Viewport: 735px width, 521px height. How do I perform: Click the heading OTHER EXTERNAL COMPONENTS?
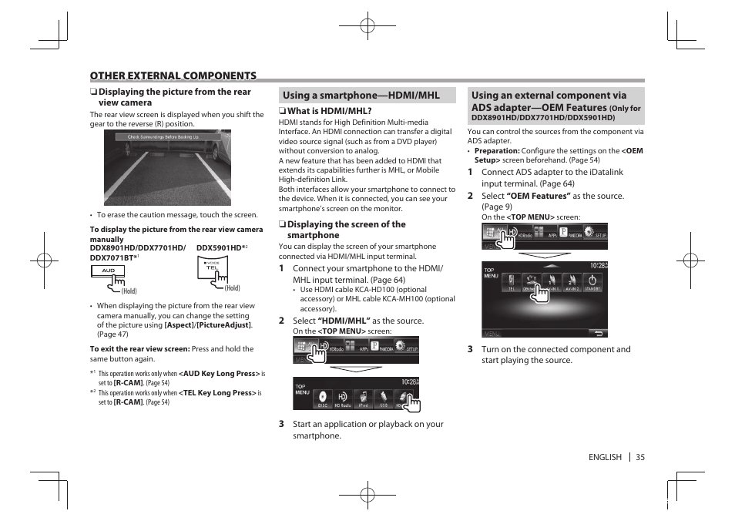point(173,76)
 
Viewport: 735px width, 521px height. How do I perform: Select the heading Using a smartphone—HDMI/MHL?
point(361,96)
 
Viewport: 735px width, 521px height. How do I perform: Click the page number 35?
point(640,457)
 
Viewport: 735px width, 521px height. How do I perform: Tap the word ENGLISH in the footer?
point(605,457)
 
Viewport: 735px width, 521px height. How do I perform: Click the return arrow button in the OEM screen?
point(597,333)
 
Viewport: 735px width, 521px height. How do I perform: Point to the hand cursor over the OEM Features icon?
point(541,292)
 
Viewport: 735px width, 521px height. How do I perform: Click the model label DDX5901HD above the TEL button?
point(220,248)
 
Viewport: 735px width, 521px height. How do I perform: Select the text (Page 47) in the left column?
point(107,334)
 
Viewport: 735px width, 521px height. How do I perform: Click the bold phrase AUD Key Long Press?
point(219,374)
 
